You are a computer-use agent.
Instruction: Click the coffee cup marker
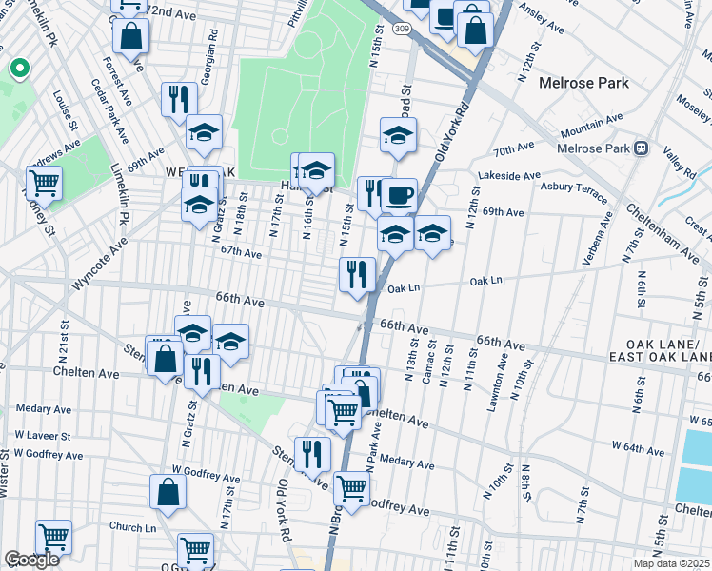tap(399, 195)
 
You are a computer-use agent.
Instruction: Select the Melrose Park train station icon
tap(642, 148)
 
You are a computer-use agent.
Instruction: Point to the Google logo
tap(31, 559)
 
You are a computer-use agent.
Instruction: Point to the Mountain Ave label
tap(590, 124)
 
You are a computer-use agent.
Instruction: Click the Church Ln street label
tap(131, 527)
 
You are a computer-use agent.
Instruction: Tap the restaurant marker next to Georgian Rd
tap(179, 99)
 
